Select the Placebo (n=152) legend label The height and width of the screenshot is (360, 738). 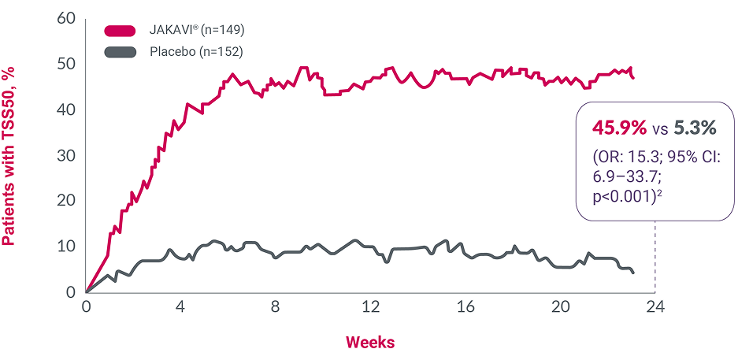pyautogui.click(x=195, y=52)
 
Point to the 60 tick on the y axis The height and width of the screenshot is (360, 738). pyautogui.click(x=67, y=18)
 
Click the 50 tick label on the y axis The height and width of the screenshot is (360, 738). pyautogui.click(x=67, y=64)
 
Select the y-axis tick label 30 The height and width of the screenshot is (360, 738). pyautogui.click(x=67, y=155)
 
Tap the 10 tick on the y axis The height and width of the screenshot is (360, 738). pyautogui.click(x=67, y=247)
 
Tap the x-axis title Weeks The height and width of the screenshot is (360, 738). pyautogui.click(x=370, y=342)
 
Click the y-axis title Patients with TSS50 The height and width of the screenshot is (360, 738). pyautogui.click(x=11, y=155)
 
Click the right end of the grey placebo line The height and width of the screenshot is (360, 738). pyautogui.click(x=633, y=273)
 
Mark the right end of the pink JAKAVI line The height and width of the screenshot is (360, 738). pyautogui.click(x=633, y=77)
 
